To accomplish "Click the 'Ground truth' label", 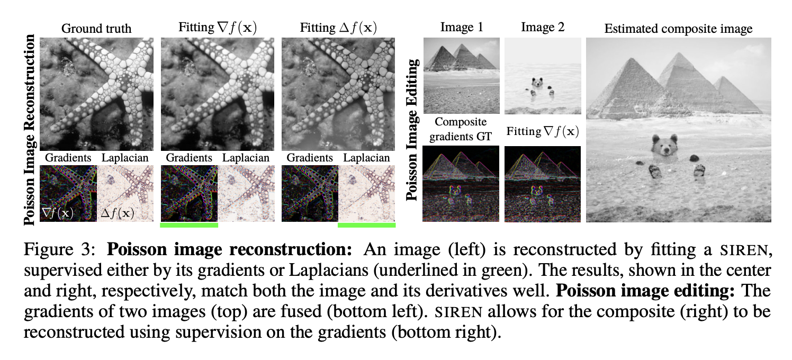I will click(x=96, y=28).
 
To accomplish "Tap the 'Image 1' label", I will click(x=461, y=27).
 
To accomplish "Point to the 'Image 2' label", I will click(x=543, y=27).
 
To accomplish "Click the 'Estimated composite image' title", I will click(x=678, y=29).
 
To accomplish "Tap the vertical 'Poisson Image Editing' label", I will click(x=413, y=129).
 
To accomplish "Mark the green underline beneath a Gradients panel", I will click(x=188, y=225).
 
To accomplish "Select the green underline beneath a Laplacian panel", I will click(x=366, y=225).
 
